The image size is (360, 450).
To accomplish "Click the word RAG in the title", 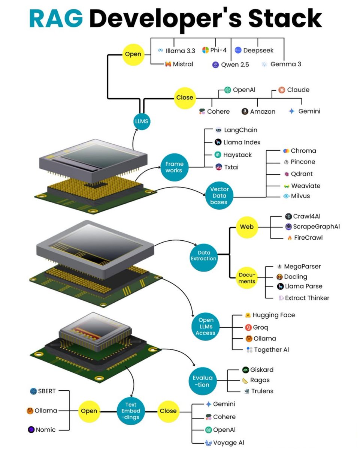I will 56,18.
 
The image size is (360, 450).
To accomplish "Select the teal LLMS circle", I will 142,121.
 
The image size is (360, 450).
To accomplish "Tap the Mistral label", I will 183,64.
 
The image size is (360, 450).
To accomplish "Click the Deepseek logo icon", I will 238,50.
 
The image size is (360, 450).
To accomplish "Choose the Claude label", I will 298,90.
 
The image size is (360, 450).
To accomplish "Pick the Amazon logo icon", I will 245,111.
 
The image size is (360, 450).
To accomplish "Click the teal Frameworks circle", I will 174,167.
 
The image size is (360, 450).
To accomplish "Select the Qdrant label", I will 302,174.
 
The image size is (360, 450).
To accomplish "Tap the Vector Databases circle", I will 219,195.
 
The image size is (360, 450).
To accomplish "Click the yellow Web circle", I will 246,227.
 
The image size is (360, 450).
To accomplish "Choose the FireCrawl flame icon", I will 289,238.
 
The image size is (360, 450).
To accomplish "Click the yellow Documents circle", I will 246,278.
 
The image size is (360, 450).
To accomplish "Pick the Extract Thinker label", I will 307,298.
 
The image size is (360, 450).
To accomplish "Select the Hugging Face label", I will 273,315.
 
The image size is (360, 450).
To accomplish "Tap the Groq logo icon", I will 248,327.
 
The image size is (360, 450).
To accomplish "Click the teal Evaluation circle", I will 203,381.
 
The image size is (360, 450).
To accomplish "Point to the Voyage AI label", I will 229,443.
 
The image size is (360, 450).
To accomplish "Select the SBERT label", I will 47,391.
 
